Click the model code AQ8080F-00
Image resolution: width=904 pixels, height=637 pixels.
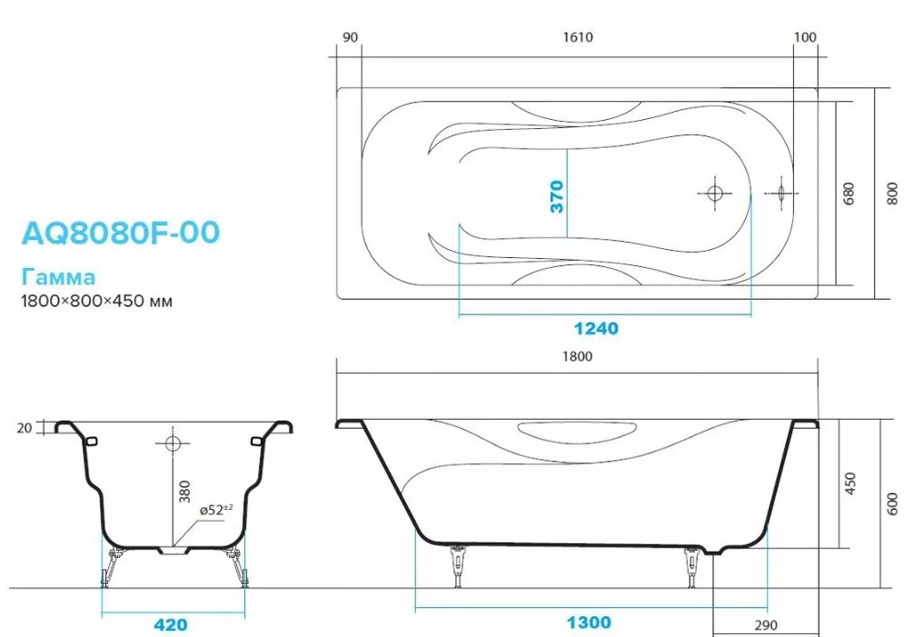coord(121,233)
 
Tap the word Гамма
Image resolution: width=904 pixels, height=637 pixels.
coord(58,277)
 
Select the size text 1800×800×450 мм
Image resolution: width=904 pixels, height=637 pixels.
coord(97,301)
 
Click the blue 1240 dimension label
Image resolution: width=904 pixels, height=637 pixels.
coord(596,329)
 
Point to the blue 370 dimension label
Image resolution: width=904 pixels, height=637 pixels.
coord(557,196)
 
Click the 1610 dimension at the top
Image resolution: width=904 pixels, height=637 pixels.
coord(578,37)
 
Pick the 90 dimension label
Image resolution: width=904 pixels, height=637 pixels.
coord(351,37)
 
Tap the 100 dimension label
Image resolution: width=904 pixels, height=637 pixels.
coord(805,37)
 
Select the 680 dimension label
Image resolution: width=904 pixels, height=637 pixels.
coord(849,194)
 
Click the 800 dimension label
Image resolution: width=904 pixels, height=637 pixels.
coord(892,194)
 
